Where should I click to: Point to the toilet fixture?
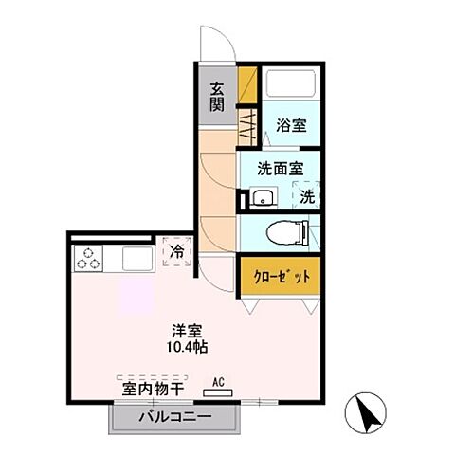285,231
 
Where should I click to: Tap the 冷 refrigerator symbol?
176,251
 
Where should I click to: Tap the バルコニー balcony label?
174,416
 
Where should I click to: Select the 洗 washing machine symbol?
307,196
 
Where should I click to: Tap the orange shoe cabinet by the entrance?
246,84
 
